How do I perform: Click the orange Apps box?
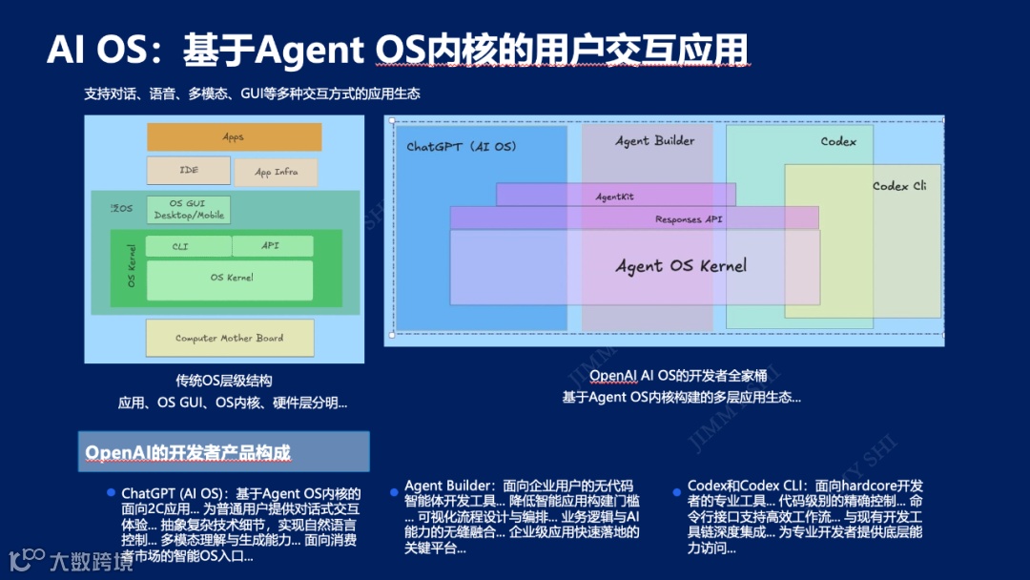pos(234,137)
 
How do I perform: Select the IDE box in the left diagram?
pos(189,171)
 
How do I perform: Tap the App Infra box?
pos(277,173)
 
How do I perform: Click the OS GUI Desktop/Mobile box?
pos(189,210)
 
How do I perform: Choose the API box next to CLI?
pos(272,246)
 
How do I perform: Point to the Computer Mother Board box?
pos(229,338)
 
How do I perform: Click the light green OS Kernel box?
pos(230,280)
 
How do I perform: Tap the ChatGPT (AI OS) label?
pos(461,147)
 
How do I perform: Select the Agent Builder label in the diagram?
pos(654,141)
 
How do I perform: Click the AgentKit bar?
pos(615,196)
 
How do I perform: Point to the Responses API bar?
pos(689,219)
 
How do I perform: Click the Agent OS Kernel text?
pos(681,266)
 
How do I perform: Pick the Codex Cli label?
pos(899,186)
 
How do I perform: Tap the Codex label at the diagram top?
pos(838,142)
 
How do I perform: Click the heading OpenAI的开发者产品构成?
pos(188,452)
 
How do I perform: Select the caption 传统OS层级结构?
pos(223,380)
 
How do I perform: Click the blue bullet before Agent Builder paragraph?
pos(395,490)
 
